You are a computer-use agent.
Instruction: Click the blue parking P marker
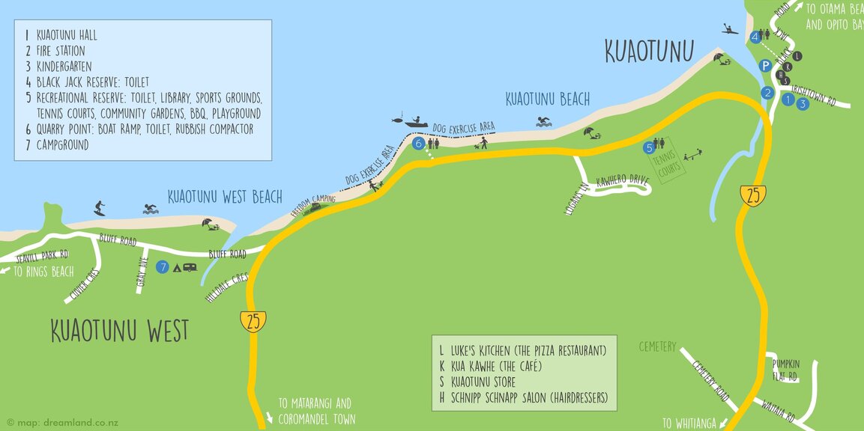pyautogui.click(x=765, y=66)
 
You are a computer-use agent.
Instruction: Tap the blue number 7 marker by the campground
pyautogui.click(x=163, y=266)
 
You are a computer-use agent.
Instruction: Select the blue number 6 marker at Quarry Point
pyautogui.click(x=418, y=143)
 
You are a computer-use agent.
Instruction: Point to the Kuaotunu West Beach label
pyautogui.click(x=225, y=197)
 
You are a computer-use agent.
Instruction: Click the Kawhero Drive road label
pyautogui.click(x=621, y=181)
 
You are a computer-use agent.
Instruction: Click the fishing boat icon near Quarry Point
pyautogui.click(x=414, y=120)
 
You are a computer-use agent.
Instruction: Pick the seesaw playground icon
pyautogui.click(x=693, y=154)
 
